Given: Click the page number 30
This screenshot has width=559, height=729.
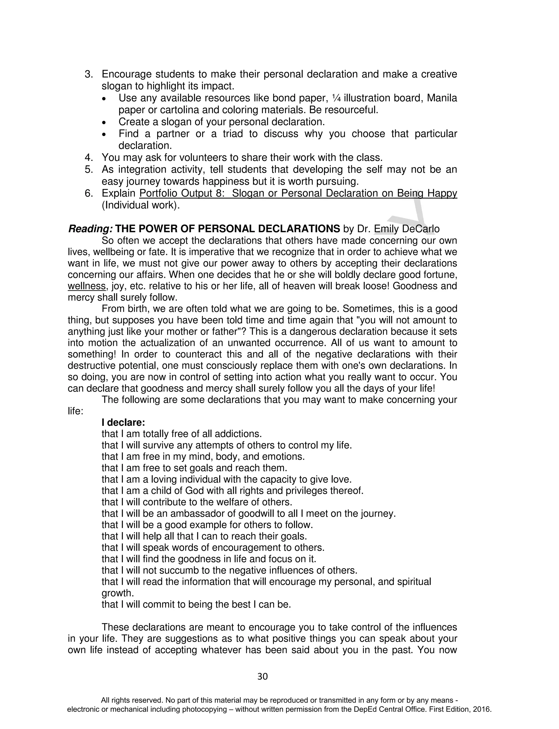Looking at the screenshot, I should click(263, 676).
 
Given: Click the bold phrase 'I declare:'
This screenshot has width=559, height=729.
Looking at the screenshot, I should click(123, 423).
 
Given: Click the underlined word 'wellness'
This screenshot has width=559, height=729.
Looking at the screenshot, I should click(87, 286).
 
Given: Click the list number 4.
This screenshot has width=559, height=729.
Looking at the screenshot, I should click(88, 157).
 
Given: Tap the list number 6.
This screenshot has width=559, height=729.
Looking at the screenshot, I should click(88, 193).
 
